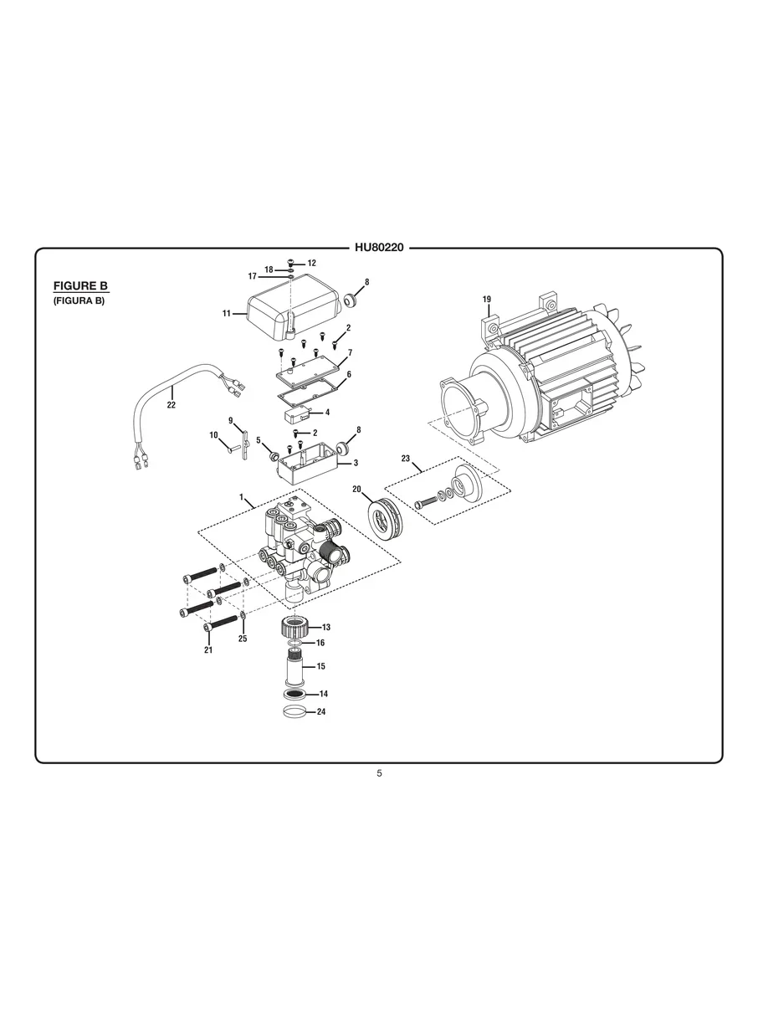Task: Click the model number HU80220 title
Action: (379, 248)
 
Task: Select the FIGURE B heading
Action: (81, 285)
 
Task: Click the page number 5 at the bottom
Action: (379, 773)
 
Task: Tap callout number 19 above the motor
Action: (486, 300)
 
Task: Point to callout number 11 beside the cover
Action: (227, 313)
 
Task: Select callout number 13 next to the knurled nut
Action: (326, 627)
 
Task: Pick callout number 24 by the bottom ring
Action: (321, 712)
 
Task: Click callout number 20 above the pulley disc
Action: (356, 489)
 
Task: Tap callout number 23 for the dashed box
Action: (406, 459)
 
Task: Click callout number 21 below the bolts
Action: (208, 649)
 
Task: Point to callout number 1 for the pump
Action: (241, 497)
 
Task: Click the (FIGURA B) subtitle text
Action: (79, 300)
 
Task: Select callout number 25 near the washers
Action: (243, 639)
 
